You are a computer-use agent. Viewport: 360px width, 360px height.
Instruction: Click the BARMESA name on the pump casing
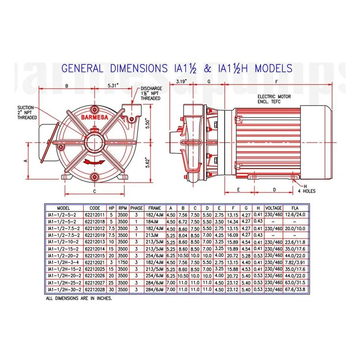(x=94, y=117)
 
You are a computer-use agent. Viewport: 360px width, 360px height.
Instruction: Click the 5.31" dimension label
(x=113, y=85)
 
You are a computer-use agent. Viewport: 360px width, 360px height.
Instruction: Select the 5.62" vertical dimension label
(x=148, y=162)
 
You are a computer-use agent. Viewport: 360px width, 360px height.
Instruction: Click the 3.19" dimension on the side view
(x=182, y=81)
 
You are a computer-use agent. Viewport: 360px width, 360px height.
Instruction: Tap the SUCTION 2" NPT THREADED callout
(x=27, y=112)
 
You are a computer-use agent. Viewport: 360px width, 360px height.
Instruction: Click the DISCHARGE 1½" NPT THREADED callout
(x=151, y=94)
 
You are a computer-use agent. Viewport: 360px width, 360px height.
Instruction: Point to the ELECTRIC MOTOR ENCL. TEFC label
(x=274, y=99)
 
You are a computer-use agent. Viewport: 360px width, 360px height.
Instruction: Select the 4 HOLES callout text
(x=306, y=191)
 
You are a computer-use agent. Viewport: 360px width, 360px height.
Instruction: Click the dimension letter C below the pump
(x=94, y=191)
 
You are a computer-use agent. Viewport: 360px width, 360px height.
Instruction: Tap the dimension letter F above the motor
(x=276, y=82)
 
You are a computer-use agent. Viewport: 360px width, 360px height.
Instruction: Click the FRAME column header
(x=154, y=208)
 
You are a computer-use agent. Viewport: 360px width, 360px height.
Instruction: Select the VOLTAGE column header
(x=274, y=208)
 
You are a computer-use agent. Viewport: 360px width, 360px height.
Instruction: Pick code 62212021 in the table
(x=95, y=262)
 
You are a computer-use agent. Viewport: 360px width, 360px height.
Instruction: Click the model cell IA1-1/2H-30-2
(x=64, y=289)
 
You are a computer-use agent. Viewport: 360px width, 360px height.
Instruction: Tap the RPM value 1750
(x=122, y=262)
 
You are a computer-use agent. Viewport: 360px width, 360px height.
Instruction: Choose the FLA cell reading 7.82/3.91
(x=295, y=262)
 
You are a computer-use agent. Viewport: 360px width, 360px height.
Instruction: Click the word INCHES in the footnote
(x=104, y=298)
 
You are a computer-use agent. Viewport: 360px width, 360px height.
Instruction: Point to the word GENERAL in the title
(x=82, y=68)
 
